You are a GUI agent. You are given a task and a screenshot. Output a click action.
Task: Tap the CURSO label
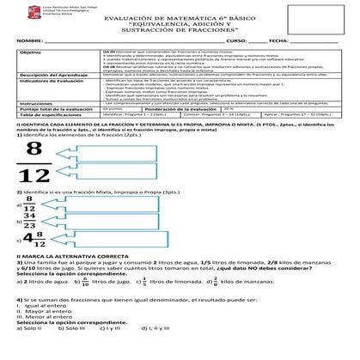tap(236, 41)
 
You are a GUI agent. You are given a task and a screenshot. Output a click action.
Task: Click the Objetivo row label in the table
tap(31, 52)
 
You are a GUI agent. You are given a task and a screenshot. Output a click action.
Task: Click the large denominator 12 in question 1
tap(34, 178)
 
